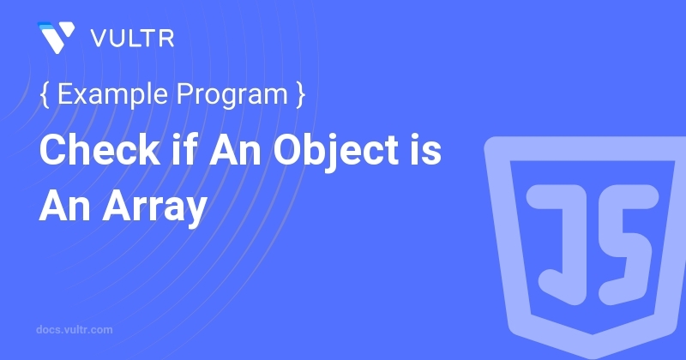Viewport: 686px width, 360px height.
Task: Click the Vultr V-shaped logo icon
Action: click(x=56, y=37)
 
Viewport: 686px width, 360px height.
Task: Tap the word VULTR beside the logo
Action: click(x=133, y=39)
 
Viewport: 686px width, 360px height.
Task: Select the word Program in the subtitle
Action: click(x=232, y=94)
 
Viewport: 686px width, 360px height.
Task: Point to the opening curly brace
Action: click(x=45, y=94)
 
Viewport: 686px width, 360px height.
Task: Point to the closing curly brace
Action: click(x=300, y=94)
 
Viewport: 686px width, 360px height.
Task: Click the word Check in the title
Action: click(x=99, y=150)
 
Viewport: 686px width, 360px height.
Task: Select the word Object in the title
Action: click(x=336, y=152)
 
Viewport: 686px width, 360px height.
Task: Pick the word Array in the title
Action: click(x=154, y=207)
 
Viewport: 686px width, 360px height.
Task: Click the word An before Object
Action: click(x=235, y=150)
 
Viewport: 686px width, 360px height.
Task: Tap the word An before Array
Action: click(x=65, y=206)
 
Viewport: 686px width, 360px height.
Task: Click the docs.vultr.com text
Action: click(x=75, y=330)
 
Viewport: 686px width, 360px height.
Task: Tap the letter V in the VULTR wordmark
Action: click(x=99, y=39)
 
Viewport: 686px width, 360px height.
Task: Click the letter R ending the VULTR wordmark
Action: click(x=166, y=39)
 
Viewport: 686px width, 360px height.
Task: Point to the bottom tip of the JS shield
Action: click(x=593, y=357)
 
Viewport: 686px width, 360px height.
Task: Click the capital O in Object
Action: click(x=289, y=150)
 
